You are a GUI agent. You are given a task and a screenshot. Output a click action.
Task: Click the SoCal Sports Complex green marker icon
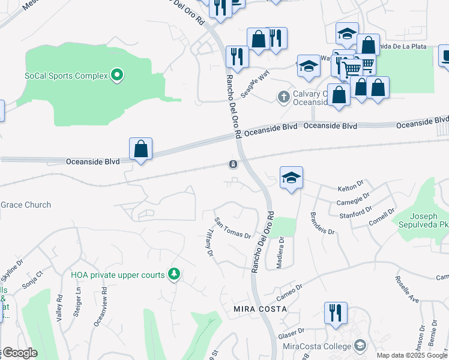[118, 76]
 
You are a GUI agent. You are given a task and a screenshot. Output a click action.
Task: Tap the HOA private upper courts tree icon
[174, 274]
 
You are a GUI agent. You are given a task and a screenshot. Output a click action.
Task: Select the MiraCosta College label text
[316, 347]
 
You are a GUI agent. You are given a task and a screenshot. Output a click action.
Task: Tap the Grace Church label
[26, 205]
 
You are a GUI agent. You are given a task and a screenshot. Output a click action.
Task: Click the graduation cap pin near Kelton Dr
[291, 178]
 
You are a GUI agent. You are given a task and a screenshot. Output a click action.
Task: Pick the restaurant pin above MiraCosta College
[335, 313]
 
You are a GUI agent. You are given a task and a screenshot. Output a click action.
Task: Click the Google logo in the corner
[19, 353]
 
